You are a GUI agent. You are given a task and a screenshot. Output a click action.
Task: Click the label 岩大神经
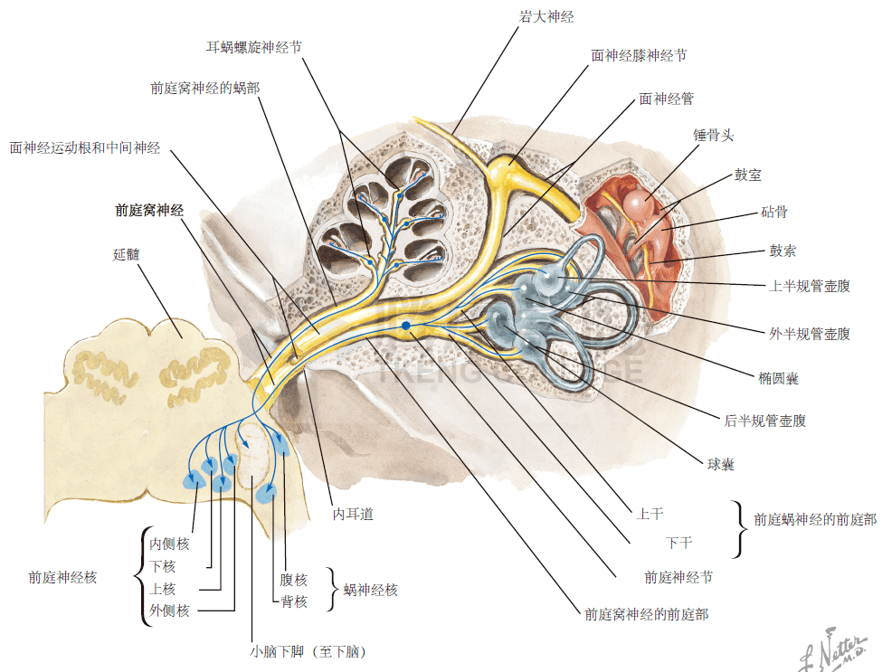click(546, 17)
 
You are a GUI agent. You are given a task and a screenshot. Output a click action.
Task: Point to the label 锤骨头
click(713, 136)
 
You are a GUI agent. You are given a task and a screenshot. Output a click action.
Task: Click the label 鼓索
click(783, 251)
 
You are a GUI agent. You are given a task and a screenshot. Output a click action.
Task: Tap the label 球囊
click(720, 465)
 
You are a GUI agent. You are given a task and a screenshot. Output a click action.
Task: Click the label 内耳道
click(353, 515)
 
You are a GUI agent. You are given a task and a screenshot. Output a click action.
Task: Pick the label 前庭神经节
click(678, 576)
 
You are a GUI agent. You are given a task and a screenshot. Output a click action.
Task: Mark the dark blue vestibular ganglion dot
click(406, 326)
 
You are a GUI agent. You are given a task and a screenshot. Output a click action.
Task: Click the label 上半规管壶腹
click(809, 286)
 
